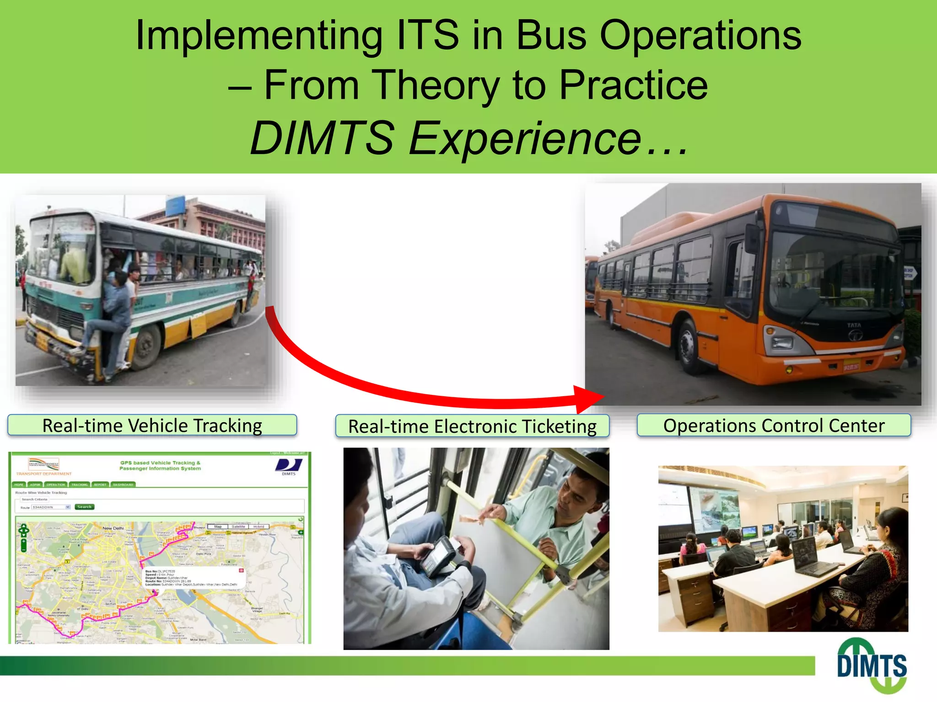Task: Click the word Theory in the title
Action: (x=437, y=85)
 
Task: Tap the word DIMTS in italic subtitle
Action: (x=322, y=138)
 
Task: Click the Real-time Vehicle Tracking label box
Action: (x=152, y=425)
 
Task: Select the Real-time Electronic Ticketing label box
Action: (x=472, y=426)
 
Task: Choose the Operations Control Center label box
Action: (x=774, y=425)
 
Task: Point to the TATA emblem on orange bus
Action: (x=854, y=335)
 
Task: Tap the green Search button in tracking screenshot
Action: (x=84, y=507)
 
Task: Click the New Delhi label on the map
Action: (x=113, y=528)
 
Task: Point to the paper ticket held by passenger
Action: (x=471, y=519)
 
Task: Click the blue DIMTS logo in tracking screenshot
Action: (x=289, y=466)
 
